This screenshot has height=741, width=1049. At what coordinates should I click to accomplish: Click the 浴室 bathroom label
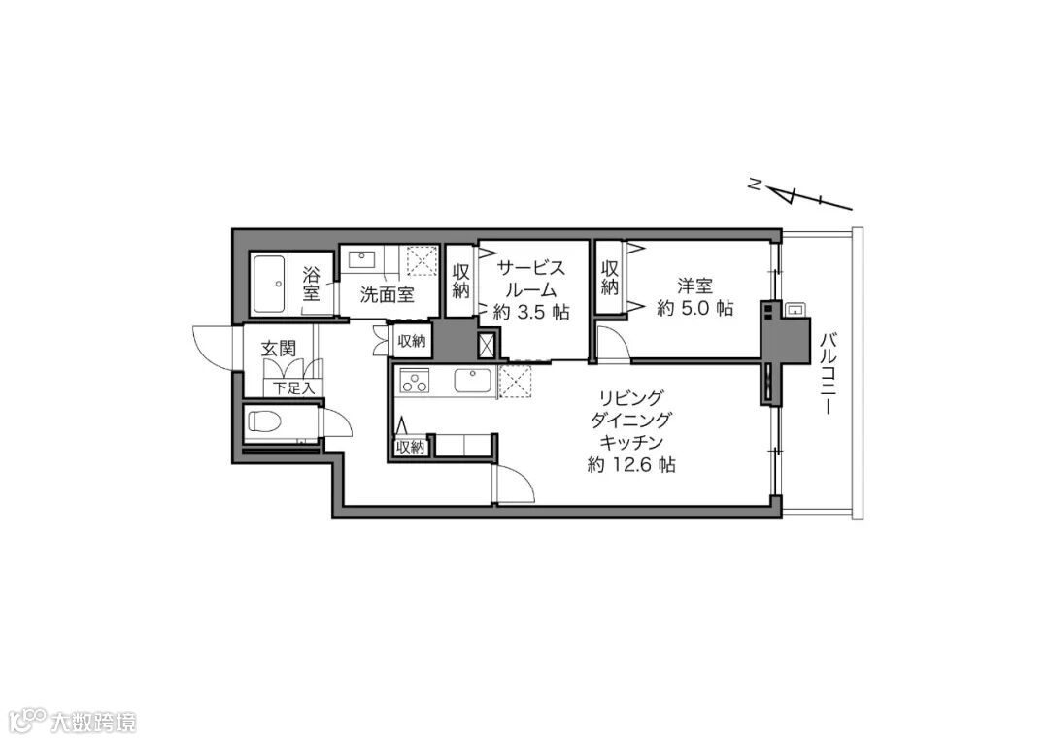pyautogui.click(x=311, y=284)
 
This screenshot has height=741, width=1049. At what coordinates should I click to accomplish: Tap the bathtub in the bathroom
pyautogui.click(x=269, y=284)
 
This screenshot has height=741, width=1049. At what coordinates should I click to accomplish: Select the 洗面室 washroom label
pyautogui.click(x=388, y=294)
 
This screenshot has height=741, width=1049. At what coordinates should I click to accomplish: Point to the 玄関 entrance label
pyautogui.click(x=279, y=348)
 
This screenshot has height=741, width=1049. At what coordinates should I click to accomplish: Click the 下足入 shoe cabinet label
pyautogui.click(x=294, y=387)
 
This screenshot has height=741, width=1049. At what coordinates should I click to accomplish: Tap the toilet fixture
pyautogui.click(x=268, y=421)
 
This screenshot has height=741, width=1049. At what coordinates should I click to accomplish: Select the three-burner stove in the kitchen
pyautogui.click(x=414, y=382)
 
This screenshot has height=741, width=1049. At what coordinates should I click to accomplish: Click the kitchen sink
pyautogui.click(x=473, y=381)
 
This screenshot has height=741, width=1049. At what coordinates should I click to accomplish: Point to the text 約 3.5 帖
pyautogui.click(x=531, y=313)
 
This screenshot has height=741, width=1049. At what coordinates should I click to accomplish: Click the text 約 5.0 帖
pyautogui.click(x=695, y=308)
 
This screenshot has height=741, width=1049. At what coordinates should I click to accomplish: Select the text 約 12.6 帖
pyautogui.click(x=631, y=465)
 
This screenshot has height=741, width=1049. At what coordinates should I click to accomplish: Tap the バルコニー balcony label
pyautogui.click(x=828, y=373)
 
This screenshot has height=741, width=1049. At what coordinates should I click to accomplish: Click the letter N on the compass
pyautogui.click(x=754, y=184)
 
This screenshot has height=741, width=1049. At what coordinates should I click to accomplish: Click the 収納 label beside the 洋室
pyautogui.click(x=609, y=278)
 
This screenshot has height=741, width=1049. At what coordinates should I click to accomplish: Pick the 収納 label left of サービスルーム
pyautogui.click(x=461, y=281)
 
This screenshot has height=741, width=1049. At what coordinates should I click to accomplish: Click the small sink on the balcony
pyautogui.click(x=795, y=310)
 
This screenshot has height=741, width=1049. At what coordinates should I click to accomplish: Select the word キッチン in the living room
pyautogui.click(x=631, y=443)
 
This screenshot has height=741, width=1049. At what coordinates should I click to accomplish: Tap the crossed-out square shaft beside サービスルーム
pyautogui.click(x=487, y=345)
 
